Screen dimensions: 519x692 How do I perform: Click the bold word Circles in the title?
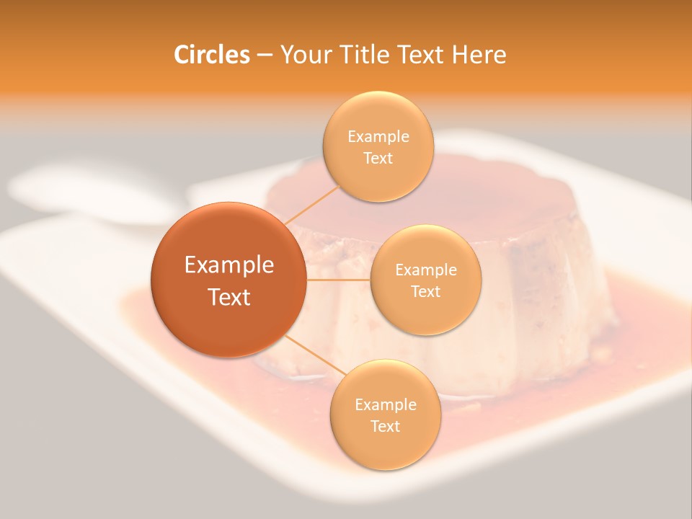211,55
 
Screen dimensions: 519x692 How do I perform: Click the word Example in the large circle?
229,265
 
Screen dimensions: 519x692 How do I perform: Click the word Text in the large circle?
229,297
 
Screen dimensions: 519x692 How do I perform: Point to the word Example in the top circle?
378,137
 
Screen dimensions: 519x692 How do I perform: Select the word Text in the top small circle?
378,159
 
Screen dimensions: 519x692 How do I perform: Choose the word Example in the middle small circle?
426,270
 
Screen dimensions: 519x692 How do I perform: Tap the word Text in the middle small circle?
426,291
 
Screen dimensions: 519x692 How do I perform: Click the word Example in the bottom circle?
386,405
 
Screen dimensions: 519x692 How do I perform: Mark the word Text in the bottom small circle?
386,426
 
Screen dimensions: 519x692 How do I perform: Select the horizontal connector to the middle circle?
338,280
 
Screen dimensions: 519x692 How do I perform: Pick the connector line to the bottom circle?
311,355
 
